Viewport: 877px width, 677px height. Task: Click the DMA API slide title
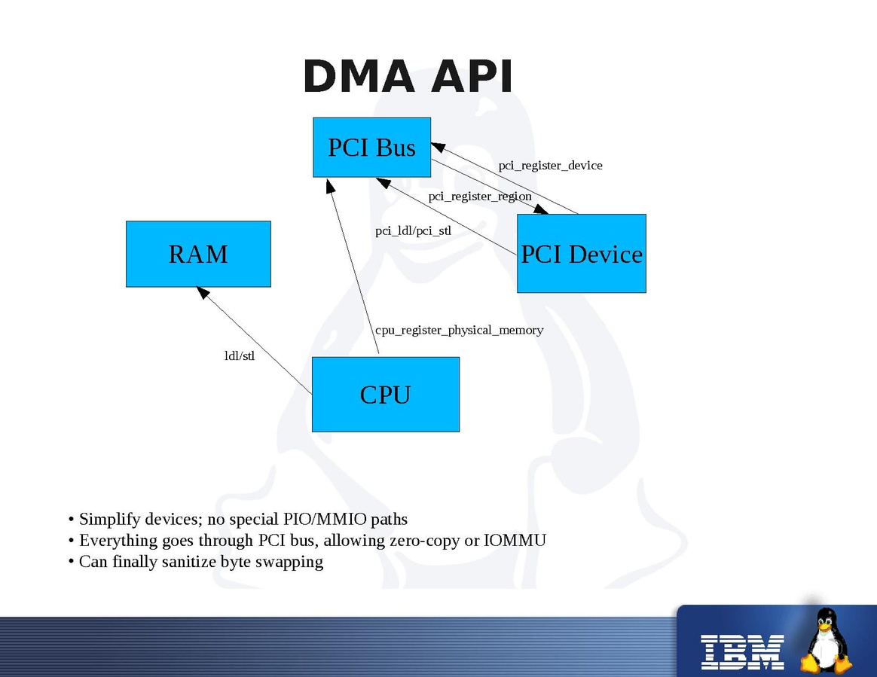pos(408,77)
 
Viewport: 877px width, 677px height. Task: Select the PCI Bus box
pos(371,148)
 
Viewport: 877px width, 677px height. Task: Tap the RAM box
pos(198,255)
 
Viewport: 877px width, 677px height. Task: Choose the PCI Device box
pos(581,255)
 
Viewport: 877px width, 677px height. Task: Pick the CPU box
pos(385,395)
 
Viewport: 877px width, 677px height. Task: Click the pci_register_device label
pos(550,166)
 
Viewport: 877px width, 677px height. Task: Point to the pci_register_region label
pos(480,197)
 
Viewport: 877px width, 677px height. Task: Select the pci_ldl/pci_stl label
pos(413,231)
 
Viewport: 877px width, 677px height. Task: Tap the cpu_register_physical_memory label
pos(459,330)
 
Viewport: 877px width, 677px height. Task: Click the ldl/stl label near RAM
pos(240,356)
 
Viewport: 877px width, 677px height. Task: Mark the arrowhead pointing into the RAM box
pos(202,292)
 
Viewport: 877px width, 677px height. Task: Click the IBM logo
pos(743,651)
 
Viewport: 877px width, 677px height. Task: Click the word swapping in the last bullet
pos(289,562)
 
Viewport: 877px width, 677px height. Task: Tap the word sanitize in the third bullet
pos(188,562)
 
